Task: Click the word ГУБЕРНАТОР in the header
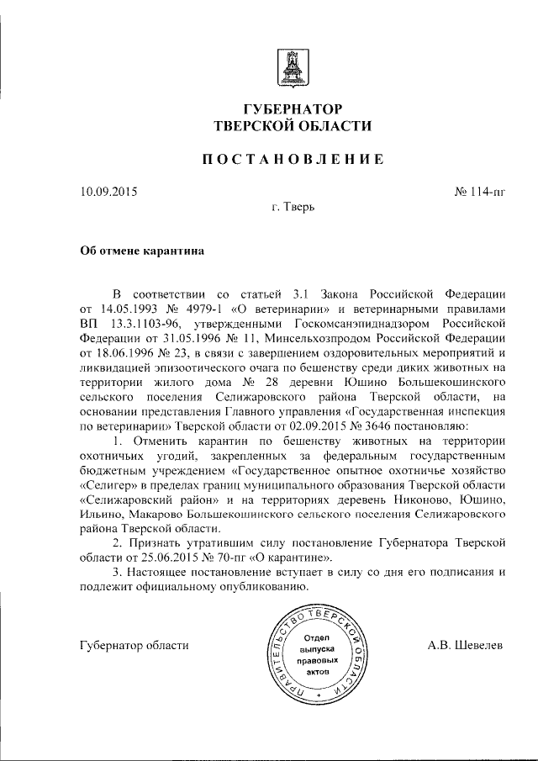[293, 109]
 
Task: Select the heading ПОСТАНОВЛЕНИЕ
[293, 160]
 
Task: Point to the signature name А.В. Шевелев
[465, 646]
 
